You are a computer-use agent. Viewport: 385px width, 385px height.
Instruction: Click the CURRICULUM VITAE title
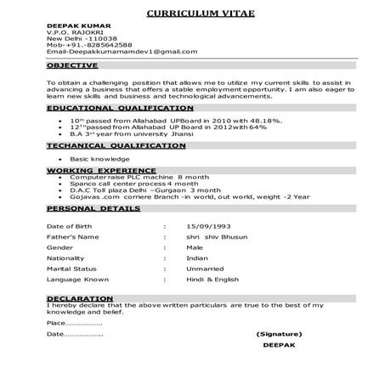[x=192, y=15]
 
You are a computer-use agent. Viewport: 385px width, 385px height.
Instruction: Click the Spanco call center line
[x=127, y=183]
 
